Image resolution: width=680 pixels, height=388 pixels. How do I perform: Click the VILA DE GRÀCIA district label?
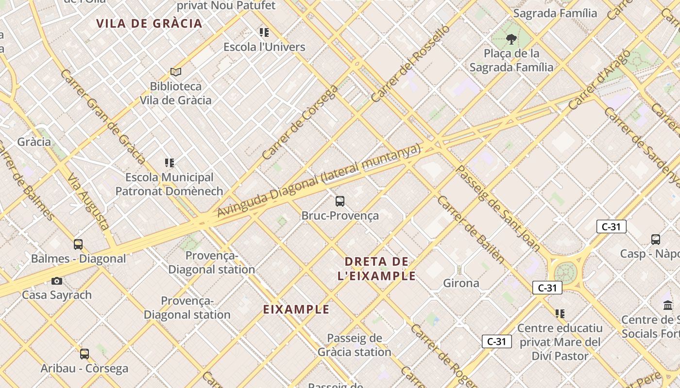(149, 23)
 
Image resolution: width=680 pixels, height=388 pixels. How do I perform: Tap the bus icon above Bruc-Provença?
(340, 201)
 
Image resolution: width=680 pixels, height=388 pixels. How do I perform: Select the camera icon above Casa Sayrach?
(57, 281)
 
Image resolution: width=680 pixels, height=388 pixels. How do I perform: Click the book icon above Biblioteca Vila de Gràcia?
(176, 72)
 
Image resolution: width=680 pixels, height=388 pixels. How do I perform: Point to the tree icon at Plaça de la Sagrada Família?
(510, 39)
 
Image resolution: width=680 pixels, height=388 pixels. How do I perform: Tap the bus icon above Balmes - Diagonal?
(78, 244)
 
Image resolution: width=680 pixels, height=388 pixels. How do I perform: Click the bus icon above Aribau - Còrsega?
(85, 354)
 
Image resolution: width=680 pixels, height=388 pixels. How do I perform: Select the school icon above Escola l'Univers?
(264, 32)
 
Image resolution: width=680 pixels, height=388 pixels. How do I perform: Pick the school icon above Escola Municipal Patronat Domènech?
(169, 163)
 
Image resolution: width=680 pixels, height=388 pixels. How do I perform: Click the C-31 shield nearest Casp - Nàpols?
(611, 226)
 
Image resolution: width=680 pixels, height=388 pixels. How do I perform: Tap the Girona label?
(461, 283)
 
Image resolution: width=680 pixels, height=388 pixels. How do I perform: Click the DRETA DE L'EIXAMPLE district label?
(376, 269)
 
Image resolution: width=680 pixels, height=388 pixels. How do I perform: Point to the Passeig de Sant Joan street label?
(498, 209)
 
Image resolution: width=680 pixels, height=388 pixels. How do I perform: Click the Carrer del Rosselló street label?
(410, 63)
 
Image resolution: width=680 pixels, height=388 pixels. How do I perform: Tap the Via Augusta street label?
(88, 201)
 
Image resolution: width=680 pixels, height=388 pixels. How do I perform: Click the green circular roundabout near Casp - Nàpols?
(565, 272)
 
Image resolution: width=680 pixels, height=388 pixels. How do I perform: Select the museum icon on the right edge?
(668, 306)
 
